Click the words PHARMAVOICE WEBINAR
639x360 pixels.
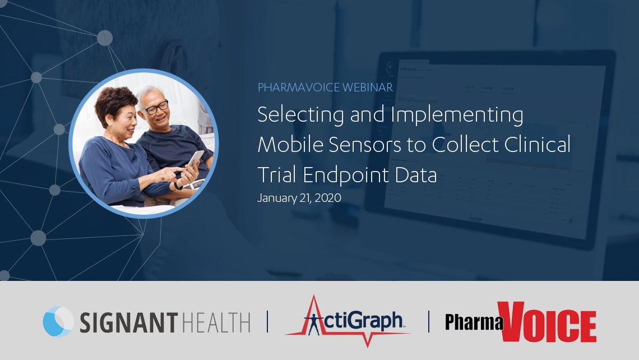click(325, 87)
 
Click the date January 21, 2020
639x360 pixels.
click(299, 198)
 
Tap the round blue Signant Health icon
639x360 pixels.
click(58, 322)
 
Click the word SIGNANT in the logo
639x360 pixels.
click(129, 322)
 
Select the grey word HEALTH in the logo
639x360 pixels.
click(216, 322)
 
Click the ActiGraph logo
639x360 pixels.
click(348, 322)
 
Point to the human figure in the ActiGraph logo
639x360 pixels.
click(314, 325)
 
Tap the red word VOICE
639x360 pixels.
click(547, 322)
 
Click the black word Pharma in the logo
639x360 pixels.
click(474, 322)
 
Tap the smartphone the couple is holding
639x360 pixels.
click(195, 159)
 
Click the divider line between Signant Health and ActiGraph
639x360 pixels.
click(268, 322)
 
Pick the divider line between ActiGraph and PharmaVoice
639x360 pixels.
click(429, 322)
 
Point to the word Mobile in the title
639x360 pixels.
click(290, 145)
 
